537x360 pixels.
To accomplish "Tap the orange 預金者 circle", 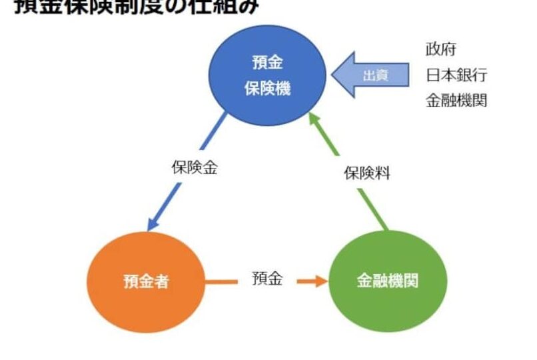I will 146,281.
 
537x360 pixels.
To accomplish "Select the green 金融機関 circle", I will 386,281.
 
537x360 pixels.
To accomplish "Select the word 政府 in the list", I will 440,49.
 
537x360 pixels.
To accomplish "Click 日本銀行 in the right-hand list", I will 456,75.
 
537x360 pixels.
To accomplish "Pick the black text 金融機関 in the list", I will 456,101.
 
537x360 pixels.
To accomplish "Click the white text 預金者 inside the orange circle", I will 146,281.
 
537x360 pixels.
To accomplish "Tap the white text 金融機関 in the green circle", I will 386,281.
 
